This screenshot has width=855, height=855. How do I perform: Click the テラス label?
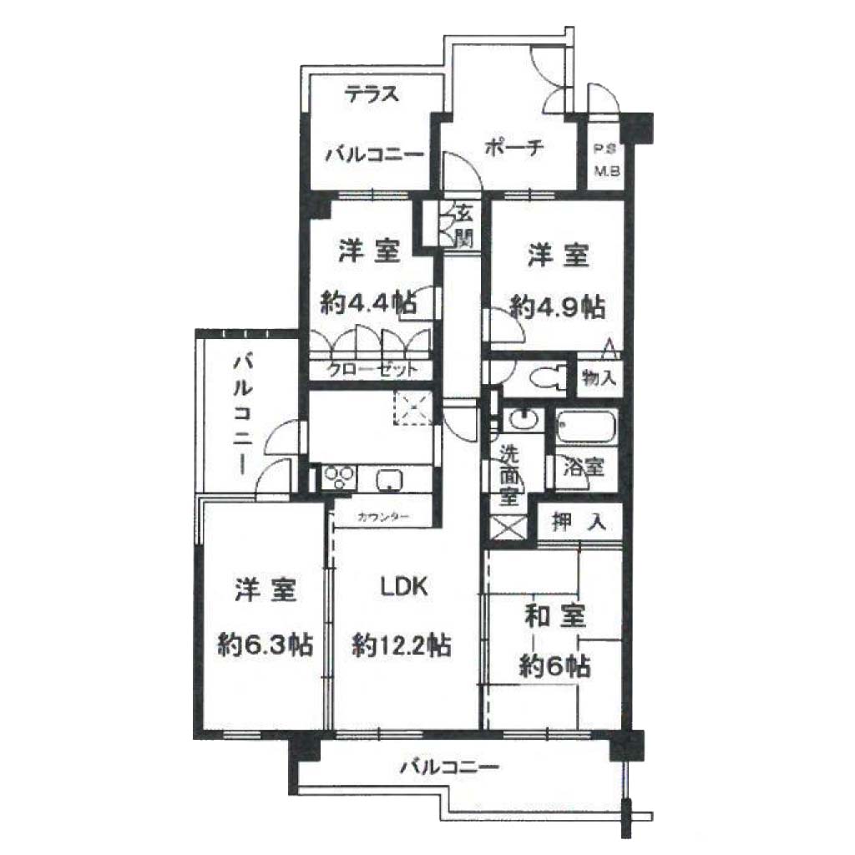pos(372,94)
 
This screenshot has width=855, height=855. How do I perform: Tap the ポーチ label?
pos(514,147)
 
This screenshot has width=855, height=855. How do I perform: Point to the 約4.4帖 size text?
pos(369,302)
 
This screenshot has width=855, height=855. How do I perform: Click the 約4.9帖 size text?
pos(557,307)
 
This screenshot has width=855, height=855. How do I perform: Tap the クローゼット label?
pos(372,370)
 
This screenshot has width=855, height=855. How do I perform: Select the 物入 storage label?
pos(600,377)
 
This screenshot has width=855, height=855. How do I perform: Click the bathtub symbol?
pos(585,427)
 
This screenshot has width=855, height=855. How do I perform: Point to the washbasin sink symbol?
pos(524,421)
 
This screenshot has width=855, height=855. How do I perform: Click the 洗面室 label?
pos(509,475)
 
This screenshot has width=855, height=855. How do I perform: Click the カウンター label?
pos(383,517)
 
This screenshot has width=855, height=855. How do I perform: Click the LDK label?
pos(403,586)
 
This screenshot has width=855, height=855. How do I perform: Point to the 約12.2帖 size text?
pos(402,646)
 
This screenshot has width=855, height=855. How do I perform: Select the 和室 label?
pos(555,616)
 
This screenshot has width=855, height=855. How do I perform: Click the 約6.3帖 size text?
pos(265,645)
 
